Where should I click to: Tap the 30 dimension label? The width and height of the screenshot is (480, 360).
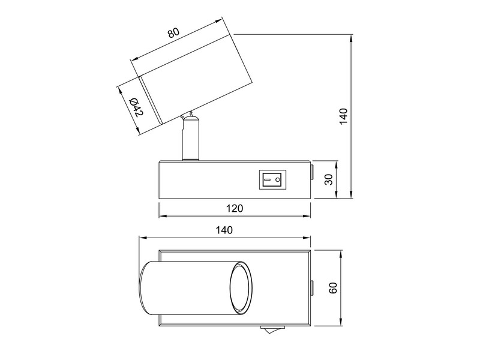328,179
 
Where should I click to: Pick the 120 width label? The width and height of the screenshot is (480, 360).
235,208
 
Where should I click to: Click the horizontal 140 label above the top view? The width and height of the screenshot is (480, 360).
224,230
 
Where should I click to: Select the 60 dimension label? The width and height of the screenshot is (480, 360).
333,287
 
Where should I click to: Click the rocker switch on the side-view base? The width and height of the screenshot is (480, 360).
272,179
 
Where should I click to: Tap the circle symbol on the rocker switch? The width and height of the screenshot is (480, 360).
278,179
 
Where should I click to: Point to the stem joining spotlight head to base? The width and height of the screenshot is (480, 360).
190,139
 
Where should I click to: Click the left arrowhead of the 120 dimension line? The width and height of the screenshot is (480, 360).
161,216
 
